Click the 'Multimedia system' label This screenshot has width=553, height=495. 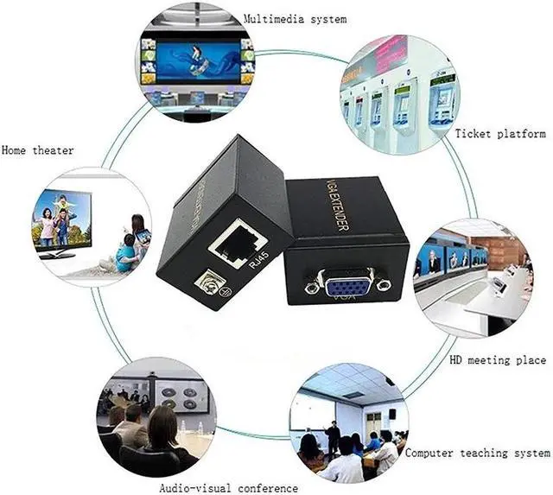295,18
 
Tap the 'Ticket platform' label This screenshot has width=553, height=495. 500,134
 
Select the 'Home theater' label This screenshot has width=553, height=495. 37,150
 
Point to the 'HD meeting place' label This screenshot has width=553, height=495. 498,360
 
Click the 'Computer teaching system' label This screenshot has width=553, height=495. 478,452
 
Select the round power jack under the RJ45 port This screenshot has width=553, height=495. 207,282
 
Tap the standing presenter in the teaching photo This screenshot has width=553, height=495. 333,436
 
